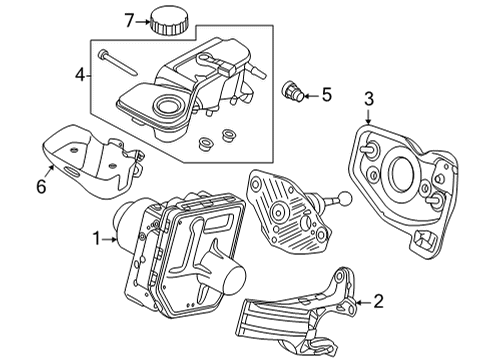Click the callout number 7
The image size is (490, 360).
[128, 19]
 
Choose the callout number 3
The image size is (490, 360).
[369, 97]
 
